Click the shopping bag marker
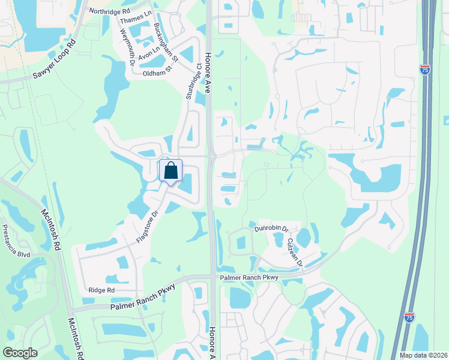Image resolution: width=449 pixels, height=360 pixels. (170, 170)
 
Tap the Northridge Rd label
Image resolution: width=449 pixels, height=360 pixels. (109, 11)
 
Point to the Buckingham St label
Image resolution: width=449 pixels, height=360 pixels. (166, 43)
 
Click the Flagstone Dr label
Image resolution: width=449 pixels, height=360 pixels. (146, 226)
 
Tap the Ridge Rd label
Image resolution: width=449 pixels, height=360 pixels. (101, 290)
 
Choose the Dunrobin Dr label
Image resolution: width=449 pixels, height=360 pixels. (271, 229)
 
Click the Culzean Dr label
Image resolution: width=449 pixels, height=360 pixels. (296, 251)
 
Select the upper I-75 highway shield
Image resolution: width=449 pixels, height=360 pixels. (425, 70)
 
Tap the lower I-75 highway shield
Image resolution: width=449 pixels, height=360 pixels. (409, 317)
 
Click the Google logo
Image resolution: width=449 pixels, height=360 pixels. (20, 353)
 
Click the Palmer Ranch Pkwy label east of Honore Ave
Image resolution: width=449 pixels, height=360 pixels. (250, 277)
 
